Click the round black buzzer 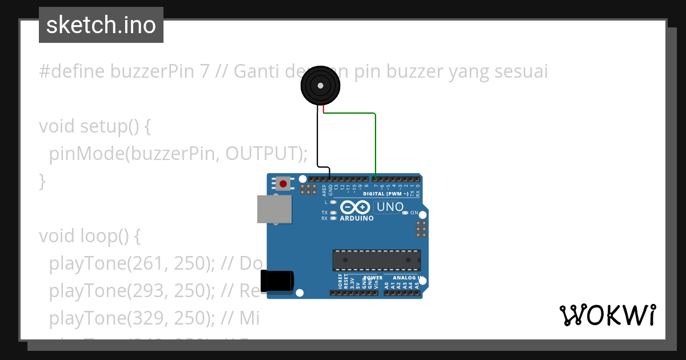(x=320, y=86)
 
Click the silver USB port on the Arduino (x=273, y=209)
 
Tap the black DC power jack (x=277, y=281)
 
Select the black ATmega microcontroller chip (x=377, y=260)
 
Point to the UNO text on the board (x=390, y=207)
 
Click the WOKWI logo (x=607, y=315)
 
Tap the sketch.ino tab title (x=101, y=25)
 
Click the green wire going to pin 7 (x=376, y=143)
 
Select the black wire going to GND (x=318, y=143)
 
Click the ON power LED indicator (x=405, y=213)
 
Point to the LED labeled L (x=333, y=202)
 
